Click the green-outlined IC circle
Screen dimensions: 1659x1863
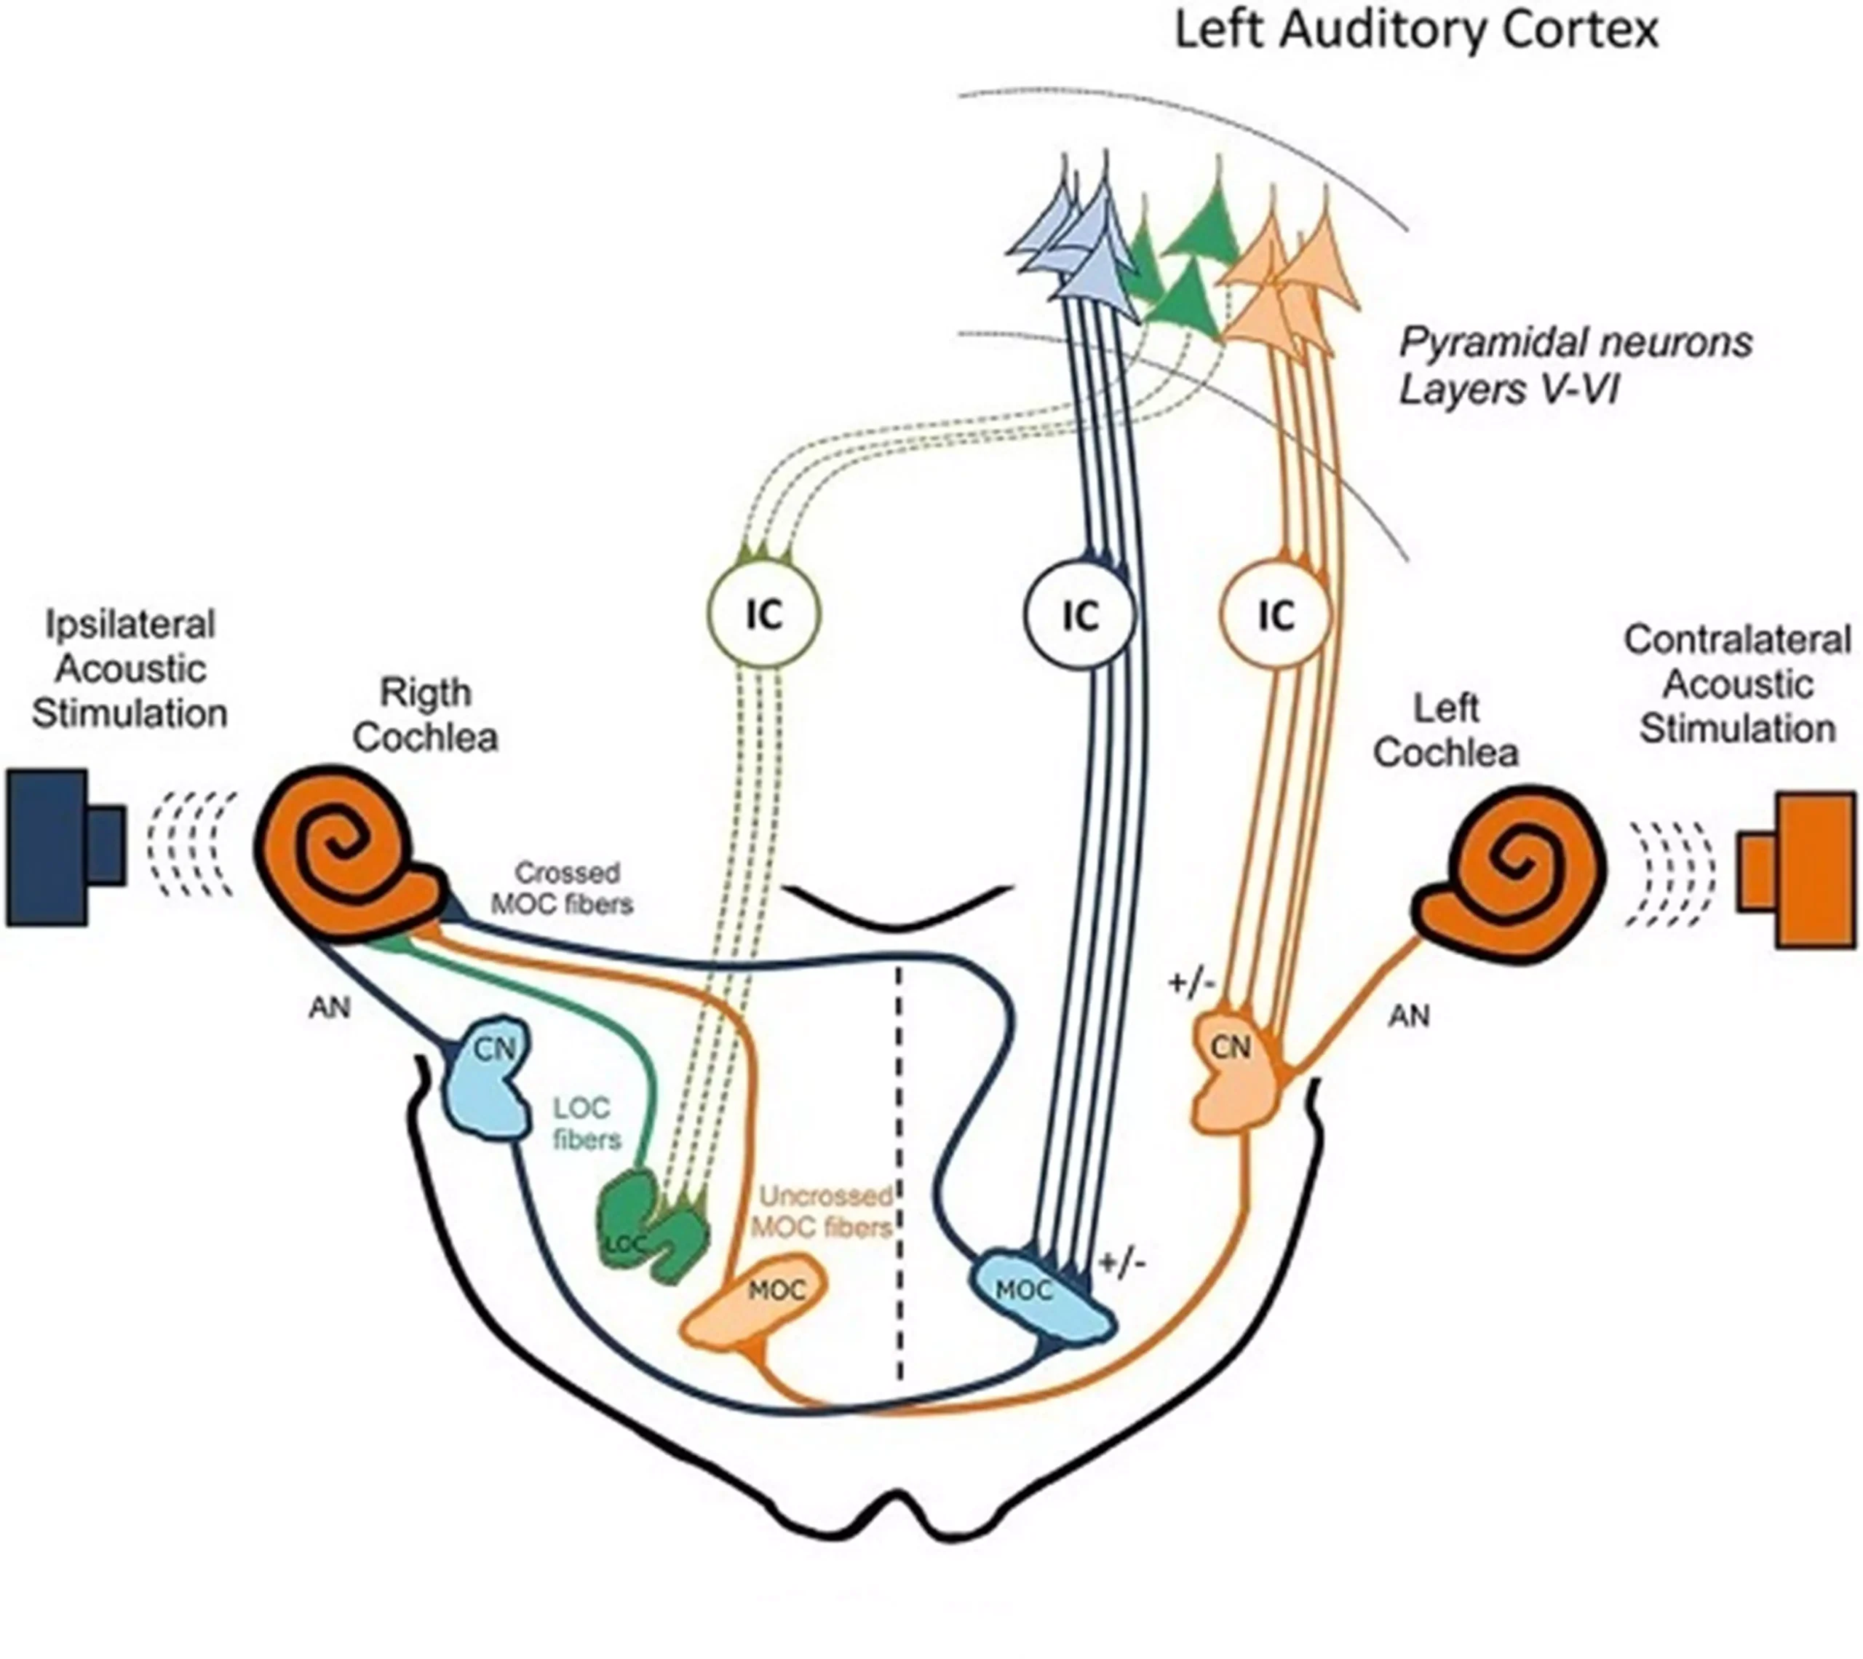[x=764, y=615]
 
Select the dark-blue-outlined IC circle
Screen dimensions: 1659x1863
[x=1080, y=615]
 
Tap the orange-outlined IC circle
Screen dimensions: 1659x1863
[x=1276, y=615]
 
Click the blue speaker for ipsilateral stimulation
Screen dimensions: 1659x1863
[x=64, y=848]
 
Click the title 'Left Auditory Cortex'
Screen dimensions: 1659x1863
[x=1415, y=30]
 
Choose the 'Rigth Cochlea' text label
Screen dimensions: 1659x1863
[x=426, y=716]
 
